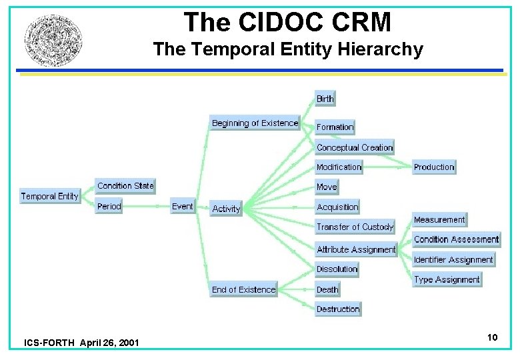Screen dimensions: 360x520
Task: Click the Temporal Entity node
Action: (49, 196)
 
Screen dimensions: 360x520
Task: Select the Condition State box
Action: (125, 185)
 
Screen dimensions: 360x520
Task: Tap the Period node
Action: (109, 206)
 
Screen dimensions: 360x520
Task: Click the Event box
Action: (182, 206)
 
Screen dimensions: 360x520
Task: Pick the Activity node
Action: (226, 209)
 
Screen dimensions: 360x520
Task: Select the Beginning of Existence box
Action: (255, 123)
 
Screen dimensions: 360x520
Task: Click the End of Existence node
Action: (243, 289)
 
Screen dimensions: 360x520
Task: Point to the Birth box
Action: (325, 99)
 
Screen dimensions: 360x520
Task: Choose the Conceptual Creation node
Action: (355, 147)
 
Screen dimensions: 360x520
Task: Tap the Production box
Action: (434, 167)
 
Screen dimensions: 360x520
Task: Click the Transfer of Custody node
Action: (355, 227)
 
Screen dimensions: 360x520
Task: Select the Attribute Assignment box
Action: (356, 249)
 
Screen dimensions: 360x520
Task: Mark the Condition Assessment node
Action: (456, 239)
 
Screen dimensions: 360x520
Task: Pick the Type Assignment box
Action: (447, 279)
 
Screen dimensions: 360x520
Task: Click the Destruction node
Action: (338, 309)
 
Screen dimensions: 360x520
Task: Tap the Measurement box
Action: (439, 219)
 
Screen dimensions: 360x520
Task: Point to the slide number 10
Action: (492, 337)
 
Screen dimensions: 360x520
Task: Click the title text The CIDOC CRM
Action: (287, 22)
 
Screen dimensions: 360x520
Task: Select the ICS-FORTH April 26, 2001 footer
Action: (81, 343)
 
